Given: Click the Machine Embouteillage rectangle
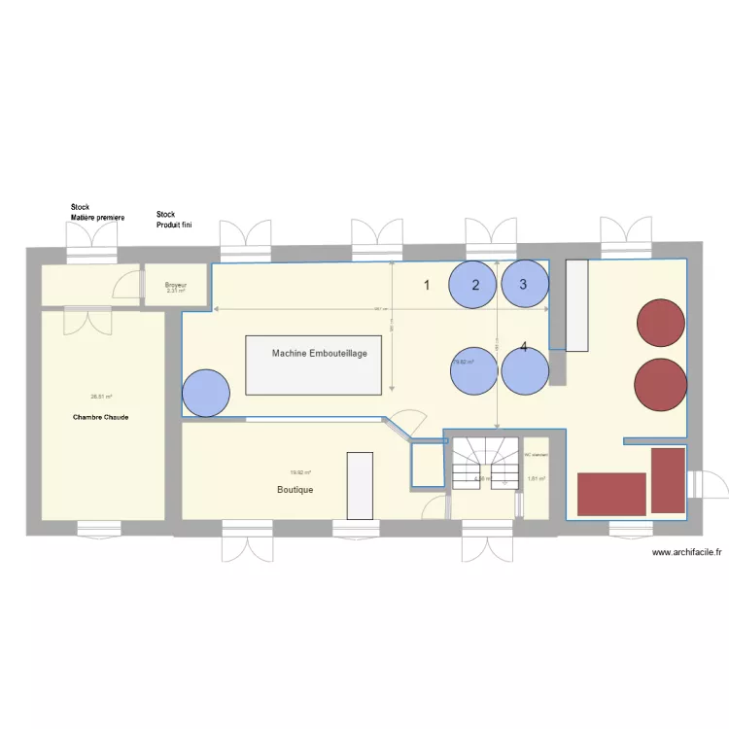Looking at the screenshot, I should [320, 364].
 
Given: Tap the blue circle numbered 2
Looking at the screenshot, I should [474, 284].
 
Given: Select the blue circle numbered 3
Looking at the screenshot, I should [525, 284].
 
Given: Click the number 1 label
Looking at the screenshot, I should [425, 285].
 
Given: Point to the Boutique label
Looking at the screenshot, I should [295, 490].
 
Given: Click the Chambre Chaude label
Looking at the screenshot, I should [101, 417].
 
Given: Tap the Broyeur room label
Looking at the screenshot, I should [175, 284].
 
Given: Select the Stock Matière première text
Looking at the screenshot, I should [97, 213].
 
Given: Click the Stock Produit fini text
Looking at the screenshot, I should [176, 220].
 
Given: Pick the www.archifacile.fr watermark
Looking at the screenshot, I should [687, 552].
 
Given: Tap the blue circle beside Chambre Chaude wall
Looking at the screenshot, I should [206, 393].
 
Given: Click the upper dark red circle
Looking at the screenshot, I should [661, 327].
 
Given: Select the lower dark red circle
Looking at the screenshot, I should [661, 383].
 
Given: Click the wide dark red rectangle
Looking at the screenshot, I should [611, 494].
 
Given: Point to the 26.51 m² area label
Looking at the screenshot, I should [101, 396].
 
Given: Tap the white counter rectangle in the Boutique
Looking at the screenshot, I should [360, 487].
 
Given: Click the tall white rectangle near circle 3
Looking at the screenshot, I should [577, 304].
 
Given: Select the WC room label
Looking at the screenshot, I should [537, 455].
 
